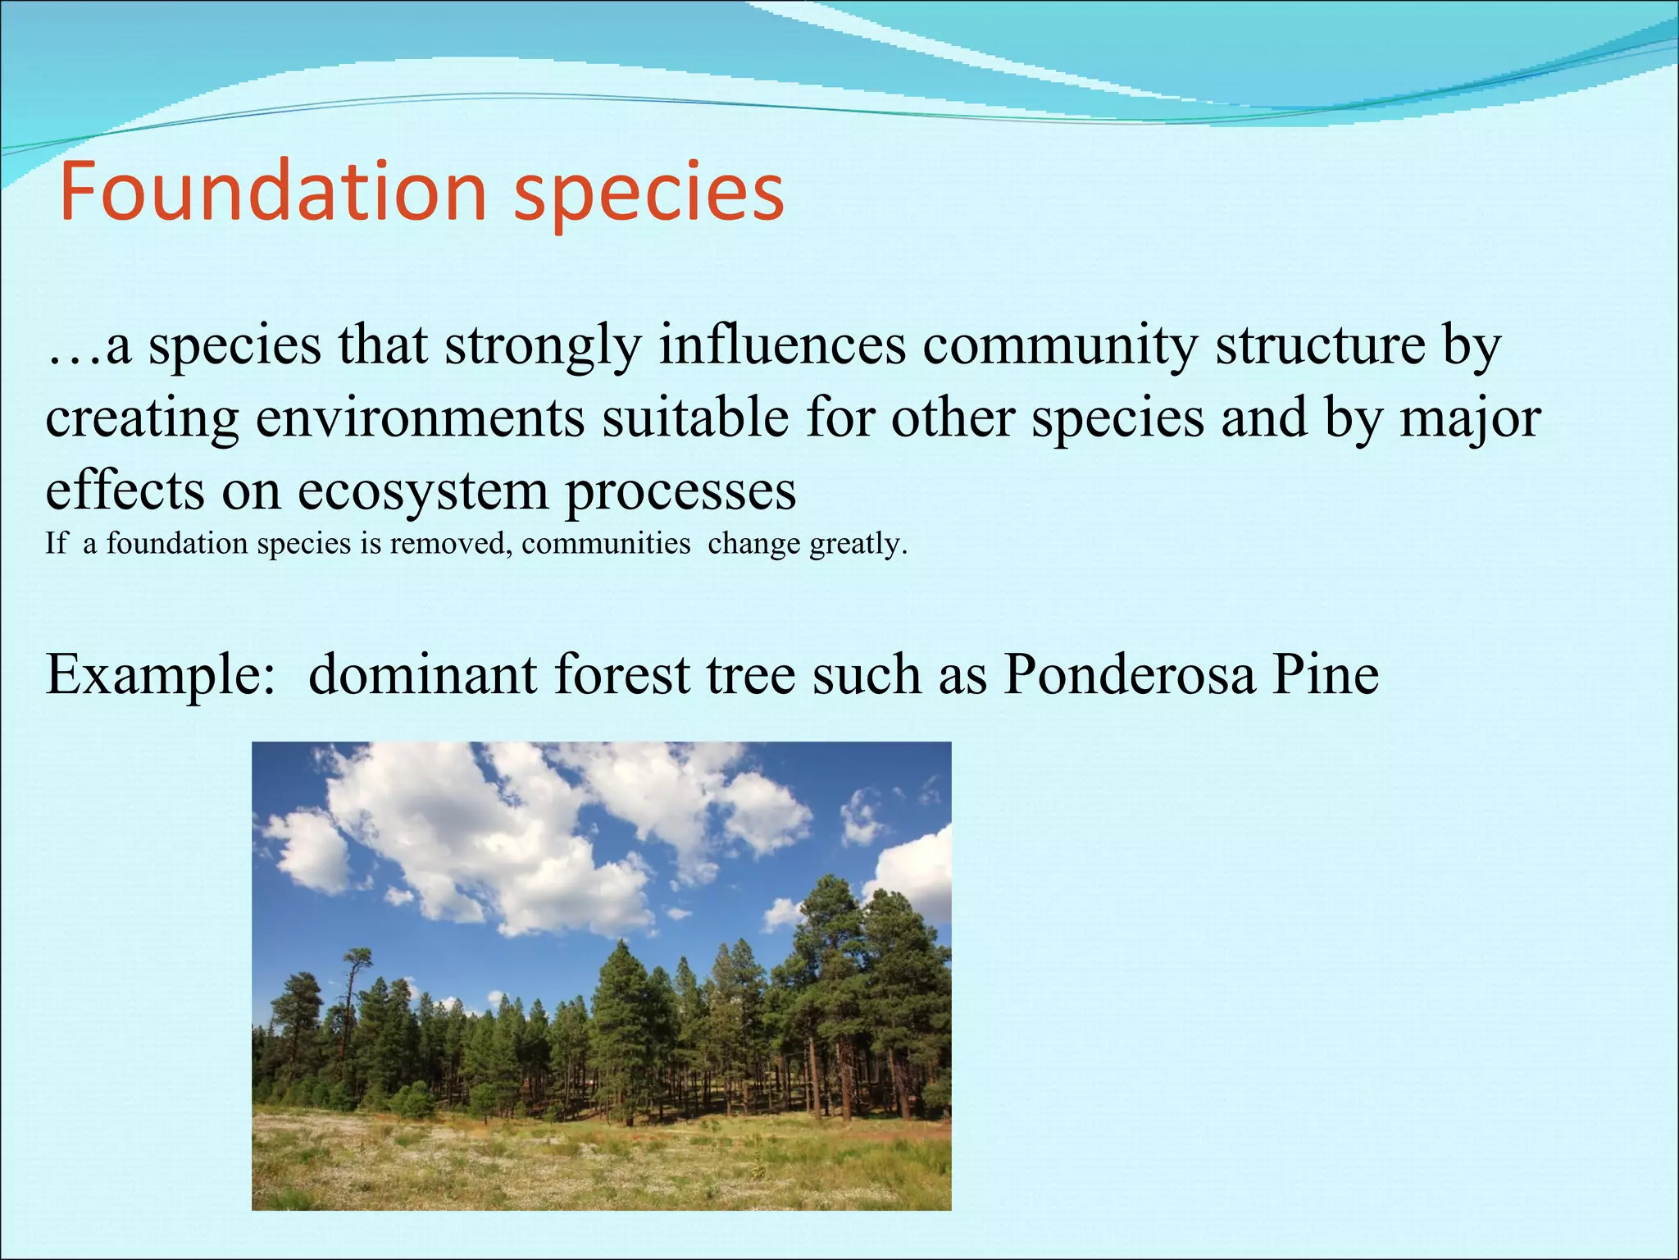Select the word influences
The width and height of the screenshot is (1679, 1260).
click(782, 346)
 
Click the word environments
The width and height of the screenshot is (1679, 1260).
click(420, 418)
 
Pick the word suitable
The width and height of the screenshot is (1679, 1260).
click(695, 418)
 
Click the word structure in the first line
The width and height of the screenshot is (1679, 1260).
click(1320, 346)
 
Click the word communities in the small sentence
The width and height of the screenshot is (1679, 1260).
click(606, 544)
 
